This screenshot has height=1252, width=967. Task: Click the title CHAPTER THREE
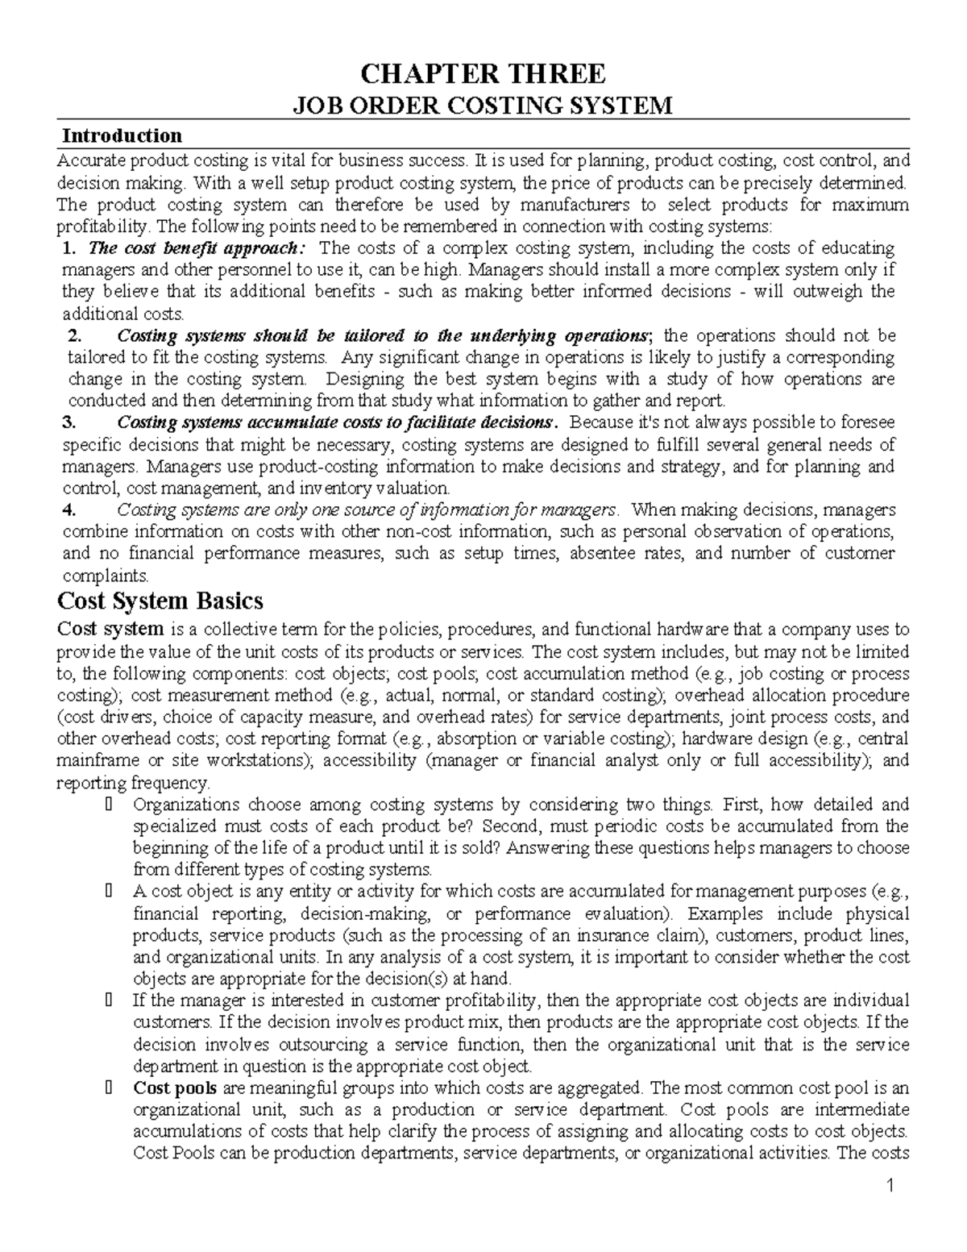click(x=483, y=74)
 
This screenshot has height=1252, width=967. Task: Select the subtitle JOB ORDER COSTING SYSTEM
click(x=483, y=106)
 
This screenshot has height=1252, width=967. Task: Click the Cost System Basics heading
click(x=159, y=601)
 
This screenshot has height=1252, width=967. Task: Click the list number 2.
click(x=75, y=335)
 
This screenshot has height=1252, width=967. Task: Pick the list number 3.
click(x=68, y=422)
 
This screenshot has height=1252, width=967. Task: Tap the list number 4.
click(x=68, y=510)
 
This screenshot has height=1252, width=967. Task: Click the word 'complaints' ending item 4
click(x=104, y=576)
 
